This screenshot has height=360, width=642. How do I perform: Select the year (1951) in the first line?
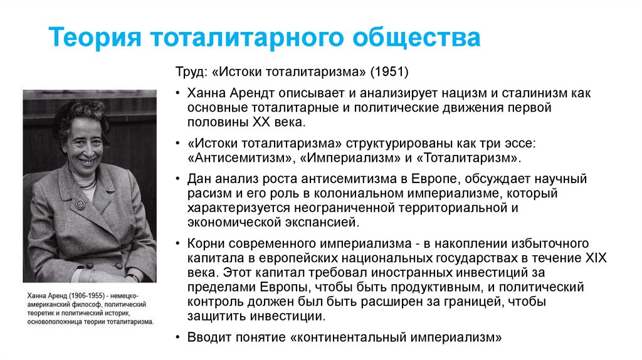[x=389, y=73]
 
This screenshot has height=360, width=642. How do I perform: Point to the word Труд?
[x=191, y=73]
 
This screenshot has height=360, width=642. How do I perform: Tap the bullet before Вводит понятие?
[x=178, y=337]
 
